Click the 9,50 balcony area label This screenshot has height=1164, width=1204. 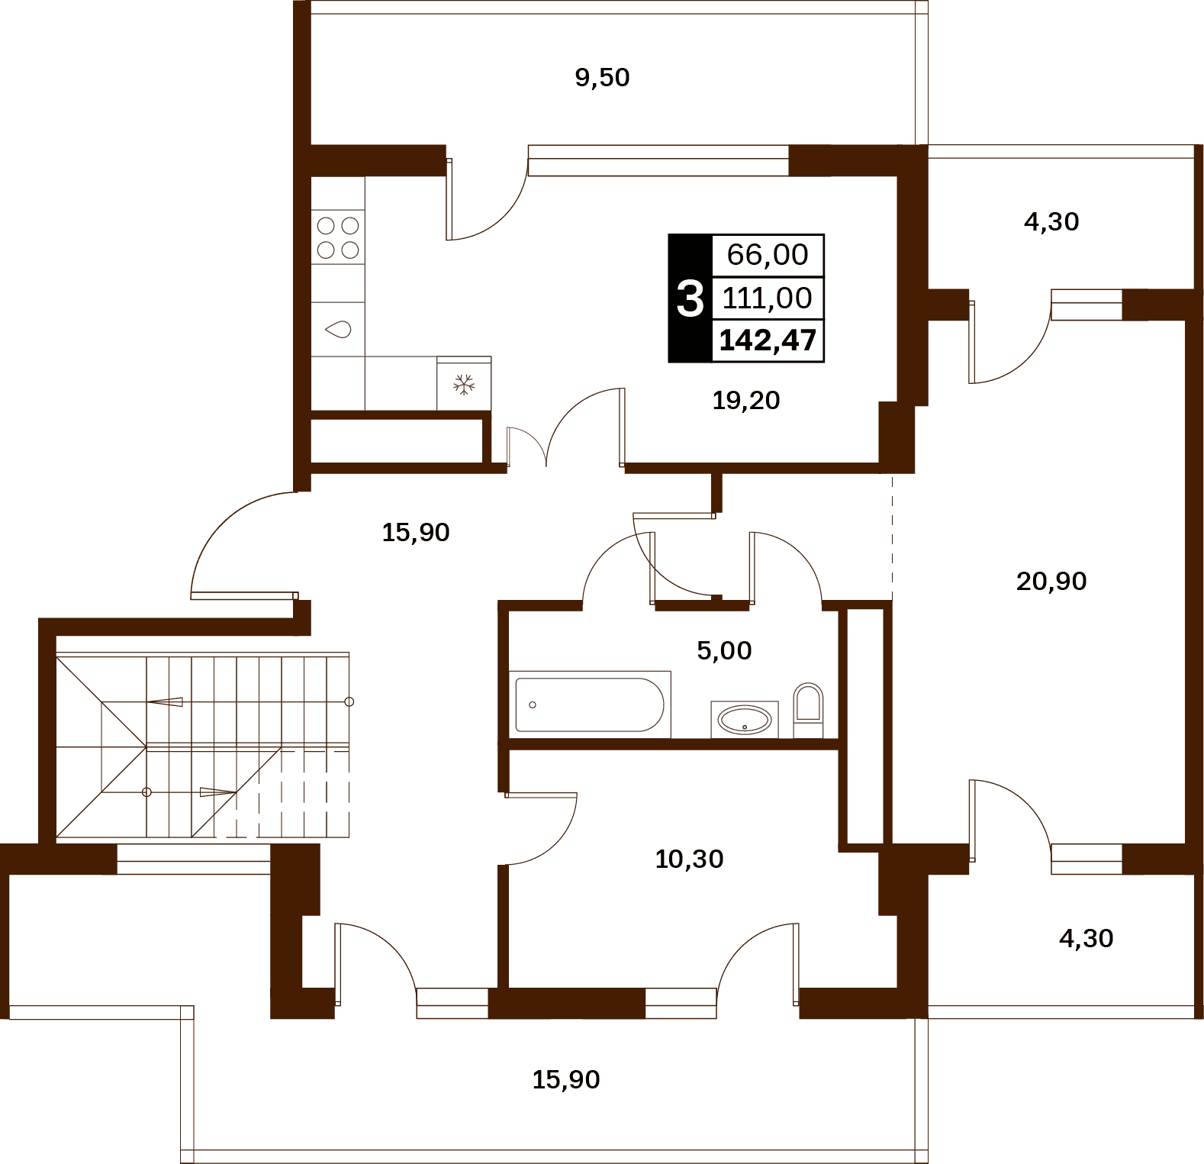click(x=602, y=78)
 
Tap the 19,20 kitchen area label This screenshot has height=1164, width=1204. click(x=745, y=401)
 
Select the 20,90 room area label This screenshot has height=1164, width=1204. click(x=1051, y=582)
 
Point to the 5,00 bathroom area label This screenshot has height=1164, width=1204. click(x=724, y=651)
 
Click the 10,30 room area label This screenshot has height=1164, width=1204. click(x=689, y=859)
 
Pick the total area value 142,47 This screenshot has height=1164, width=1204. click(x=768, y=340)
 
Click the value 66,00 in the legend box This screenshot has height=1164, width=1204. click(x=768, y=255)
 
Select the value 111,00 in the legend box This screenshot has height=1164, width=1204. click(x=768, y=298)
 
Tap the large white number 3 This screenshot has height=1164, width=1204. click(x=690, y=298)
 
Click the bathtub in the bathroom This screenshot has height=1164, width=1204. click(x=590, y=705)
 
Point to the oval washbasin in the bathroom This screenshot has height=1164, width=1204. click(x=745, y=719)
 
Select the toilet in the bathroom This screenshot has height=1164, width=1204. click(x=808, y=710)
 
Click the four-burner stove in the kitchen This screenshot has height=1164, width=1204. click(x=338, y=237)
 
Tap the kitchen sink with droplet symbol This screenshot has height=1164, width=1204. click(x=338, y=329)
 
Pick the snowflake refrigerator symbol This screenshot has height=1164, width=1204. click(x=464, y=384)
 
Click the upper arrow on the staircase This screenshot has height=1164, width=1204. click(x=165, y=701)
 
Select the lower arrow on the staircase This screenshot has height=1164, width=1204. click(x=218, y=792)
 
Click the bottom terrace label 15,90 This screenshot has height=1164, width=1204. click(x=566, y=1080)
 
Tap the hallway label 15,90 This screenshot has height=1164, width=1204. click(x=416, y=533)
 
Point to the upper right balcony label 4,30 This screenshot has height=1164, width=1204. click(x=1051, y=222)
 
